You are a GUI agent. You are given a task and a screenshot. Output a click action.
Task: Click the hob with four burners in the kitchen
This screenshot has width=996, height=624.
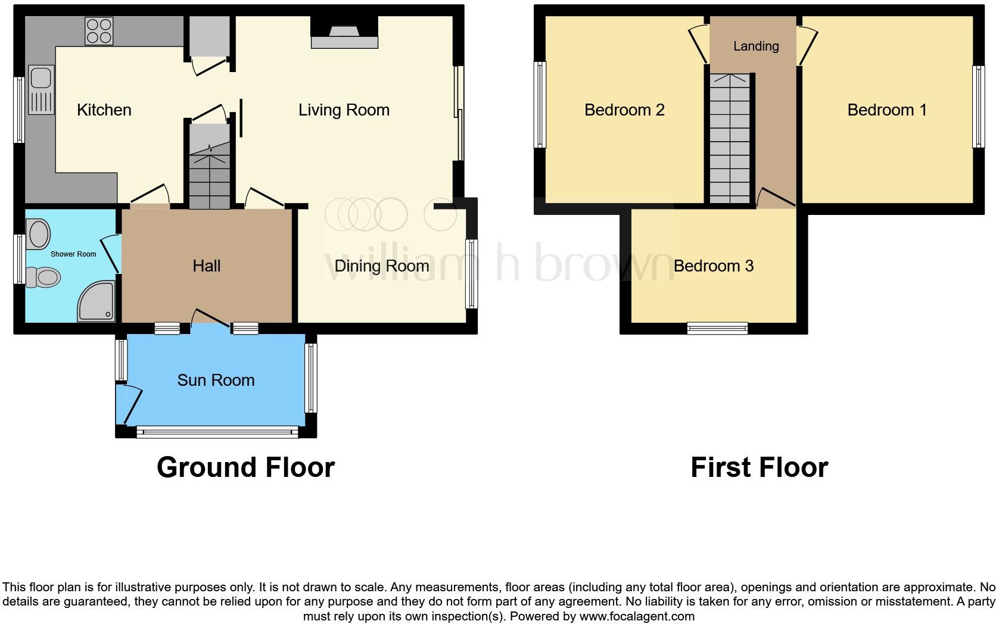99,31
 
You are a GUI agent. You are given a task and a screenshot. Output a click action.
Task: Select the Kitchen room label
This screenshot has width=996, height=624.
104,110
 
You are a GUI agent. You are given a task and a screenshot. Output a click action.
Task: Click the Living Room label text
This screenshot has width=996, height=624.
344,110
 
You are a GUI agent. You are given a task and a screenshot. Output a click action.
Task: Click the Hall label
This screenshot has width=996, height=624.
207,266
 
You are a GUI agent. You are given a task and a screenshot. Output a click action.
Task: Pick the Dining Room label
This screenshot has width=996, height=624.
381,266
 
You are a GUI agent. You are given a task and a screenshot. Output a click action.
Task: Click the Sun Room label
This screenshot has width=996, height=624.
216,380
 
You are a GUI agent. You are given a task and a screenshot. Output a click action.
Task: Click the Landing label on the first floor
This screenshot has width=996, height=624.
756,46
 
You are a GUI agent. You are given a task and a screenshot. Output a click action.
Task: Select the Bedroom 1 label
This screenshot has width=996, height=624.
887,110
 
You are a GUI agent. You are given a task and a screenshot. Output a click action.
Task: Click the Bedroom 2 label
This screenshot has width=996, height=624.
624,110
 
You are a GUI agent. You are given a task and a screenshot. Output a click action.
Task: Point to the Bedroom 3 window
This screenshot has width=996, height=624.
717,328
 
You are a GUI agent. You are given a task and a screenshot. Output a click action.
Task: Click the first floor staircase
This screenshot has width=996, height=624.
730,140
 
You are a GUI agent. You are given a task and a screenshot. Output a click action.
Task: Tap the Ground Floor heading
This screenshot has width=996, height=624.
245,468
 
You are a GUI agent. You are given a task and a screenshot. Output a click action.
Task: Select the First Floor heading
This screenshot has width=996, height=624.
759,468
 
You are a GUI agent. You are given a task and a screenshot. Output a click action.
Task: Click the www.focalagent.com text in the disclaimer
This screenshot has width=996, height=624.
637,617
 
